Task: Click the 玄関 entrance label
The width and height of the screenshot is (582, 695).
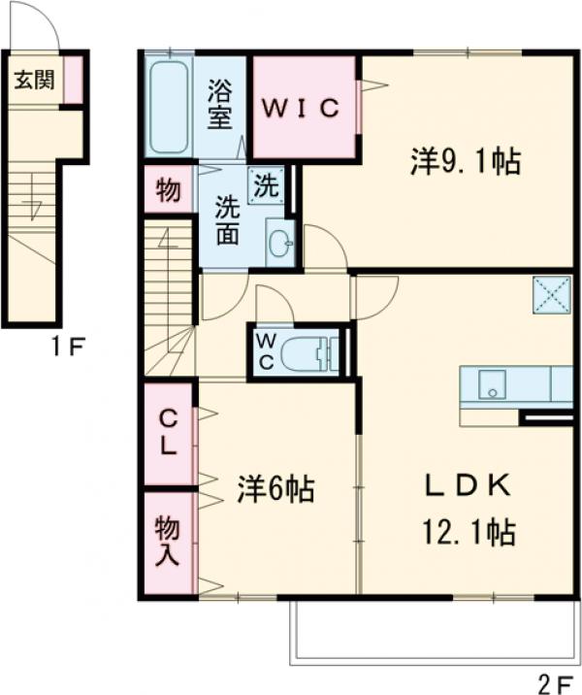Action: (x=33, y=81)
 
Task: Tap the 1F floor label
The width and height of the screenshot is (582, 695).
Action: (x=69, y=343)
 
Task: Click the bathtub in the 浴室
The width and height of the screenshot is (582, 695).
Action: (x=169, y=107)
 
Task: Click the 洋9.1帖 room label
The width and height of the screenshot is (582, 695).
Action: (x=466, y=162)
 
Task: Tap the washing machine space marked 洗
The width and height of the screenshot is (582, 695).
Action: (x=265, y=184)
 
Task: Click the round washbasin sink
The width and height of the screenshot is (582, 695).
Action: (x=279, y=244)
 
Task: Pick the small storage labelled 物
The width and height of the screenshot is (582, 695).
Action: (x=168, y=191)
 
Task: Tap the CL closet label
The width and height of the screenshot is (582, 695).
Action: (x=168, y=433)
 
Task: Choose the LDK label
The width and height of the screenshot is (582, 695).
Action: (x=466, y=486)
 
